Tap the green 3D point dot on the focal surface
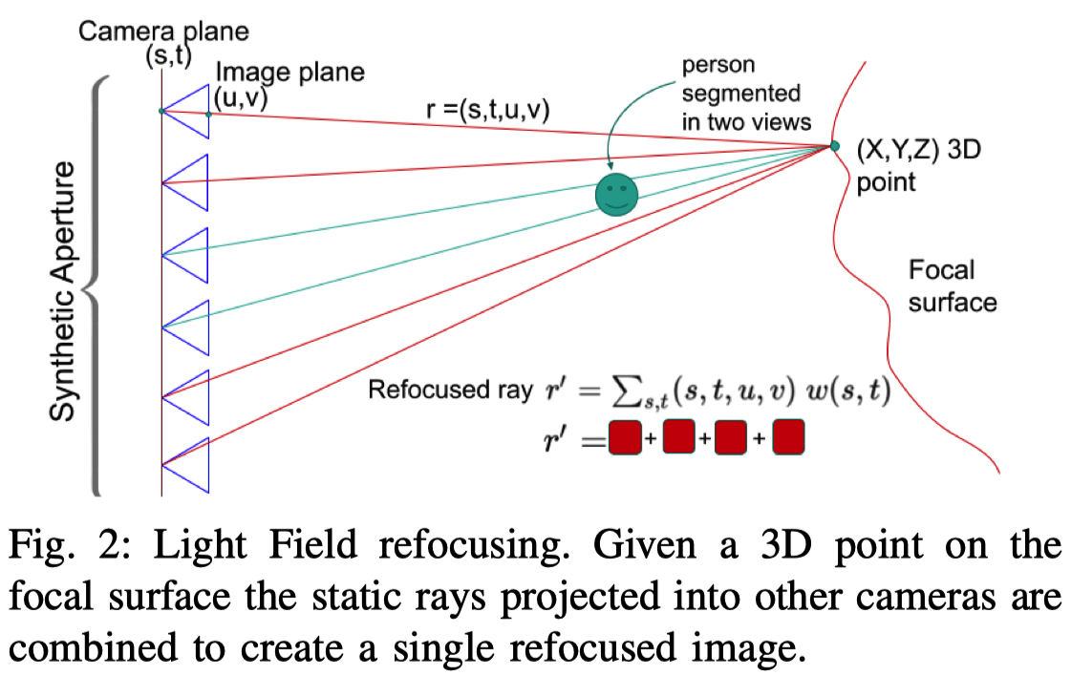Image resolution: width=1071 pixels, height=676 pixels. tap(834, 146)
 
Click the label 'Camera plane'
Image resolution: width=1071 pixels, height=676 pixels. tap(163, 31)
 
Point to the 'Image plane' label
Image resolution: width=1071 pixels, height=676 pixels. tap(289, 72)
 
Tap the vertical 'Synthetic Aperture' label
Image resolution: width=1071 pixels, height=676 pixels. tap(63, 292)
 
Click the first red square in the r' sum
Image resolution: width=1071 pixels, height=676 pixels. tap(623, 440)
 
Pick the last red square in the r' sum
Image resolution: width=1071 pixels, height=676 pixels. tap(789, 440)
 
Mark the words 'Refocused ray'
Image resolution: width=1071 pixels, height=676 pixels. tap(449, 391)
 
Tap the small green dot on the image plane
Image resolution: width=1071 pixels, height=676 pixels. tap(208, 115)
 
